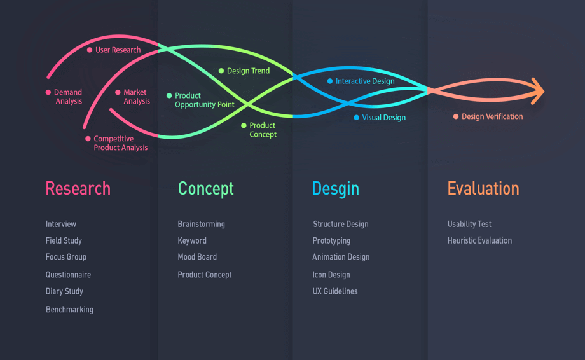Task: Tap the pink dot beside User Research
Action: click(90, 50)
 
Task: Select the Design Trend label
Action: click(248, 71)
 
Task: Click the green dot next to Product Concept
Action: click(244, 126)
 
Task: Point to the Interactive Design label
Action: click(365, 81)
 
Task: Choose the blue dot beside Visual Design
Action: click(356, 118)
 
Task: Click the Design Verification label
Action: click(492, 117)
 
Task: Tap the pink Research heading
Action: click(78, 189)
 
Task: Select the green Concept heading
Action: click(205, 189)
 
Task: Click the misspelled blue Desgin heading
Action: click(335, 189)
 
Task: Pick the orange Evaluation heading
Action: click(483, 189)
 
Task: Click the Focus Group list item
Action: click(66, 257)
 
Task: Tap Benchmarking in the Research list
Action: click(69, 310)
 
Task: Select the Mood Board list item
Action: click(197, 257)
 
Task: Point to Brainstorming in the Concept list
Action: click(201, 225)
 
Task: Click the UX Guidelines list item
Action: click(335, 291)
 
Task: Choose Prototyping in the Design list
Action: click(331, 241)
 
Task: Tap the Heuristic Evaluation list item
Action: click(479, 240)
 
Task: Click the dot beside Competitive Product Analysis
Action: click(88, 139)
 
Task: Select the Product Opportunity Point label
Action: click(205, 100)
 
